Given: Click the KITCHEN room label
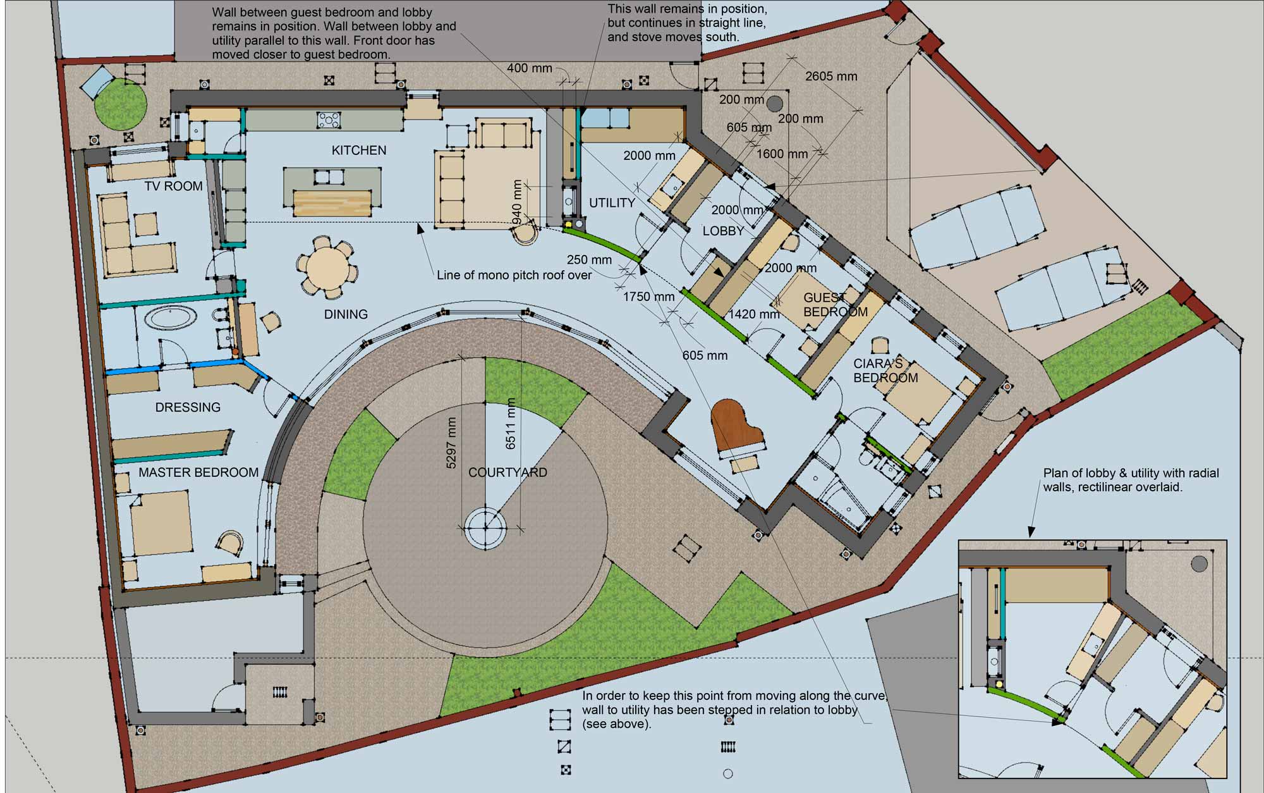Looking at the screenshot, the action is [359, 151].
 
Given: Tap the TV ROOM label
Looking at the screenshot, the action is [174, 186].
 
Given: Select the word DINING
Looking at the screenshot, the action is [346, 314].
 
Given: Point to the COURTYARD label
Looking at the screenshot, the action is [507, 472].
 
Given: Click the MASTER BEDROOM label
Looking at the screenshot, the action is [198, 472].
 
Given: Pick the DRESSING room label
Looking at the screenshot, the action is [188, 407].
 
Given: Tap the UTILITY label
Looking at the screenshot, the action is [612, 203].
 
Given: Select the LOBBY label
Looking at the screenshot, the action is [723, 231].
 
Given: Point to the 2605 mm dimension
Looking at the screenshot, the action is [831, 77].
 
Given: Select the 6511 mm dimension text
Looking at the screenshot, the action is [511, 424].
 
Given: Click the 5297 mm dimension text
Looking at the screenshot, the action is [451, 443].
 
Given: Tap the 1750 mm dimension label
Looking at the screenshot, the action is [648, 297].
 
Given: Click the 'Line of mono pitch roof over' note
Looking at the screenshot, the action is [514, 275].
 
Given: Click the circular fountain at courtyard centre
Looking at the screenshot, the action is [485, 527].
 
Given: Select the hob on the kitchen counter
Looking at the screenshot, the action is [329, 120].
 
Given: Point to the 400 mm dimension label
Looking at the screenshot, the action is [530, 68].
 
